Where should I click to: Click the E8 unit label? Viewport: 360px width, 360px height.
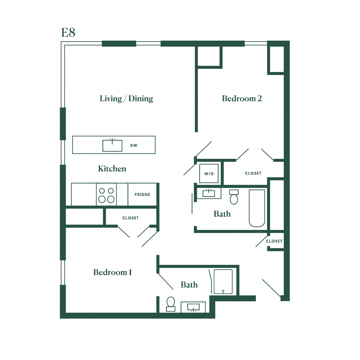tap(68, 33)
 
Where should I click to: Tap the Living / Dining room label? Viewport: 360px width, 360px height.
tap(126, 99)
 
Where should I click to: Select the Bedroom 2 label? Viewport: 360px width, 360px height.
tap(242, 99)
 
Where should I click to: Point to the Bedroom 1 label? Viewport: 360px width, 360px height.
tap(113, 273)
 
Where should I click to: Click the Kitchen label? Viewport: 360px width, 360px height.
tap(112, 169)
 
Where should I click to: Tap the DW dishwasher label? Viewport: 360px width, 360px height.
tap(134, 146)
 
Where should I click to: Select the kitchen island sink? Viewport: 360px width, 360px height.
tap(112, 145)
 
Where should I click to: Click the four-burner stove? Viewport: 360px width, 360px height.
tap(106, 195)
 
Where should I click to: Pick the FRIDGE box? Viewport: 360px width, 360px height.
tap(142, 195)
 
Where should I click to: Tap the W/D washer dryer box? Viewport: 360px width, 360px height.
tap(209, 174)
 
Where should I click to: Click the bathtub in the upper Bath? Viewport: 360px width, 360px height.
tap(257, 208)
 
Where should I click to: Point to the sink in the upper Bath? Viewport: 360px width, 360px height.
tap(209, 193)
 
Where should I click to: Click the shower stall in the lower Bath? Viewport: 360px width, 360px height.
tap(223, 282)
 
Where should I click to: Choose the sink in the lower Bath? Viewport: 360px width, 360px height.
tap(193, 307)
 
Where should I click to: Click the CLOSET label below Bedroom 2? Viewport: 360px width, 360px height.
tap(253, 173)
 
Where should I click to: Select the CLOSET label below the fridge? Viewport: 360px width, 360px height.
tap(130, 218)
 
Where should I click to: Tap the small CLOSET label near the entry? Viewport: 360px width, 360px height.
tap(274, 241)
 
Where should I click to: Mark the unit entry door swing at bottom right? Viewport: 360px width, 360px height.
tap(271, 288)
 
